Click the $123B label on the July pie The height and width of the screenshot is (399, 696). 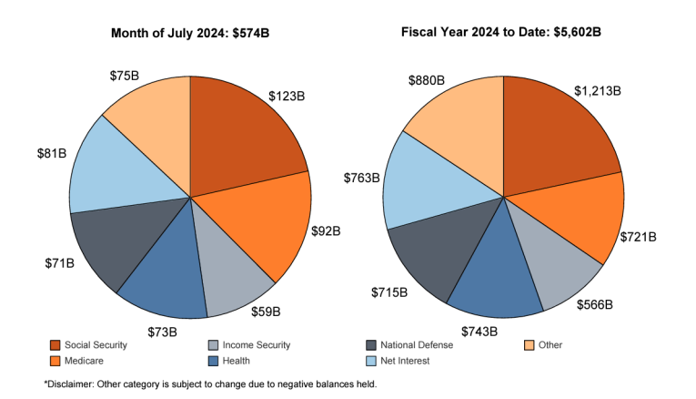click(287, 95)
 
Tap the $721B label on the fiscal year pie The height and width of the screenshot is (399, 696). click(638, 237)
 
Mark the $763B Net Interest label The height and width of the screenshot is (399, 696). click(361, 179)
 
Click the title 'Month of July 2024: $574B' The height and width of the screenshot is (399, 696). click(190, 34)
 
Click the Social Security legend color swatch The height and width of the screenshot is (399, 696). click(55, 345)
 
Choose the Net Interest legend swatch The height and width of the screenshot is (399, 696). click(372, 361)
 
